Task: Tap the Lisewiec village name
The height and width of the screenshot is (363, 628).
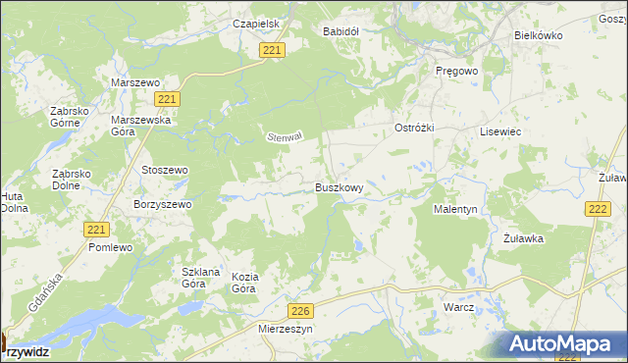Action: [x=498, y=130]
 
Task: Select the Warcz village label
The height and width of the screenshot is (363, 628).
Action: [x=458, y=307]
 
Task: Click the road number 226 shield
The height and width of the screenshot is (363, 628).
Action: [x=301, y=311]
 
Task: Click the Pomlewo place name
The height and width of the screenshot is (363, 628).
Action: [x=110, y=248]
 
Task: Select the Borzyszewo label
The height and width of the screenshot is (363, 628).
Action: [x=162, y=204]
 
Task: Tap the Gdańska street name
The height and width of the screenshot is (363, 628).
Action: [x=47, y=293]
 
